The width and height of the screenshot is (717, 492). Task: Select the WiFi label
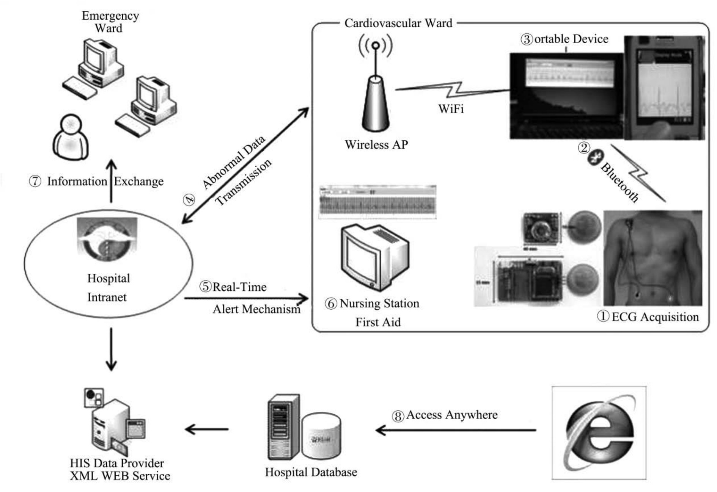click(451, 109)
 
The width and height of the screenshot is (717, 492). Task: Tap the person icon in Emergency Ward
click(71, 137)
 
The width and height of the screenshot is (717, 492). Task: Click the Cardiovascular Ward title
click(398, 23)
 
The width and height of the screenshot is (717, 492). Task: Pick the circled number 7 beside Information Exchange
click(35, 181)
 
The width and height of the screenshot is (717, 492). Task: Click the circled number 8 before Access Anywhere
click(398, 416)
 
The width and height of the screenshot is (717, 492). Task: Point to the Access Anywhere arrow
click(455, 430)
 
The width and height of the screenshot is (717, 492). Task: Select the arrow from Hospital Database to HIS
click(207, 429)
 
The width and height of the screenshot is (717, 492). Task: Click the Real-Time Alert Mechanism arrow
click(247, 298)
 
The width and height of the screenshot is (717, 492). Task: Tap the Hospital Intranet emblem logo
click(107, 239)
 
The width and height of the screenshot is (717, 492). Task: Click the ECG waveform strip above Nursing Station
click(377, 202)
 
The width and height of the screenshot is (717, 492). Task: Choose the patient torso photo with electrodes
click(653, 258)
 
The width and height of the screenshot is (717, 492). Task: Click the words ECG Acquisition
click(655, 317)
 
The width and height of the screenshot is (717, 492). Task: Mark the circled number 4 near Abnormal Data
click(189, 200)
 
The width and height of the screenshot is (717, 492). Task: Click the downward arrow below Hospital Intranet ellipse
click(111, 349)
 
